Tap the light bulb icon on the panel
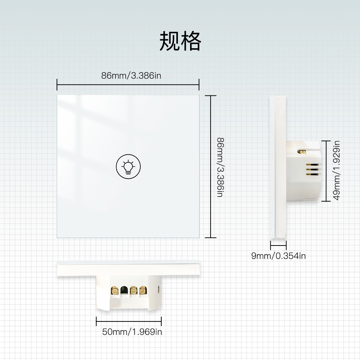tap(128, 166)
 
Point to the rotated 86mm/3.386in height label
tap(220, 167)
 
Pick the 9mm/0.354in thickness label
tap(278, 256)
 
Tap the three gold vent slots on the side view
tap(312, 170)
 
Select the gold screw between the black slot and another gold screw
tap(134, 290)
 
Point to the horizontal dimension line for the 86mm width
tap(128, 85)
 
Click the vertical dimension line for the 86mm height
tap(211, 167)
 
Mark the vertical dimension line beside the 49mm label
tap(326, 171)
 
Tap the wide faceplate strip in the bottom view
tap(129, 269)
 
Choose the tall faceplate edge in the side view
tap(278, 167)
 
